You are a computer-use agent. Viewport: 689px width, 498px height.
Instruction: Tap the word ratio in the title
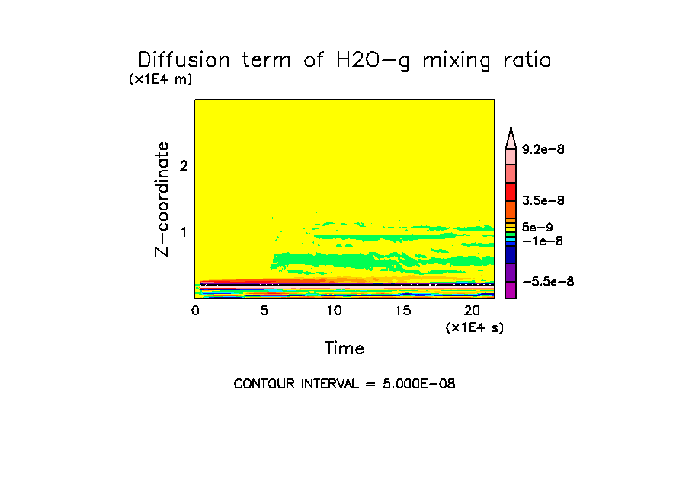(523, 60)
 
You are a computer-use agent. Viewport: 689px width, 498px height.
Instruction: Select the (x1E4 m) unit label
(160, 79)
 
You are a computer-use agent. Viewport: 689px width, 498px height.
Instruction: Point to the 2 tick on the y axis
(183, 166)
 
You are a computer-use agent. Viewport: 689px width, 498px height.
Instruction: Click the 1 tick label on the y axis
(183, 232)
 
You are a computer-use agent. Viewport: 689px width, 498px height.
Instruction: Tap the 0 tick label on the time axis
(195, 311)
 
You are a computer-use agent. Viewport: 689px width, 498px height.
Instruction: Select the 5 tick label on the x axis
(264, 311)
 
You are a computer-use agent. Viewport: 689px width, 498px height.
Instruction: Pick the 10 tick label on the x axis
(333, 311)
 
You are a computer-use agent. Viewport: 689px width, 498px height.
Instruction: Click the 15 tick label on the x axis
(402, 311)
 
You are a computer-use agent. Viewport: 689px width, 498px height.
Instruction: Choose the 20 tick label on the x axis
(471, 311)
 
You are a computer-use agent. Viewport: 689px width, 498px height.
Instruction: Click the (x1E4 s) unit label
(474, 327)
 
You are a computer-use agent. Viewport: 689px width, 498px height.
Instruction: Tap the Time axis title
(344, 349)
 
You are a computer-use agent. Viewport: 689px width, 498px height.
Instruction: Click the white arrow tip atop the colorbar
(511, 136)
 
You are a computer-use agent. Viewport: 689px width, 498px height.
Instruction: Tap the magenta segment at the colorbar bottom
(511, 290)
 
